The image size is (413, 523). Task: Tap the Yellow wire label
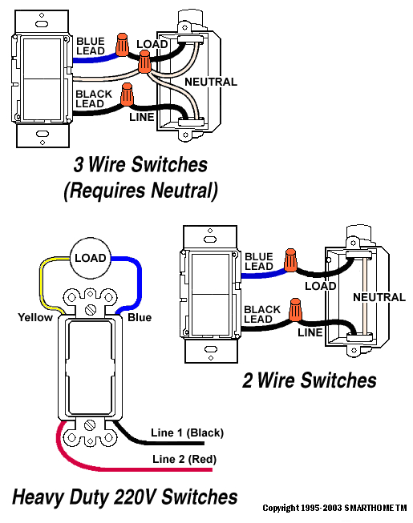coord(35,317)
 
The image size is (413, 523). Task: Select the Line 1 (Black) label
coord(187,432)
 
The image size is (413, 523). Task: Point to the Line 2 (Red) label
coord(184,459)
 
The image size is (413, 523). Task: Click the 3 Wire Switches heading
coord(140,164)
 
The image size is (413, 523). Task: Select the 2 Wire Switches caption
coord(310,380)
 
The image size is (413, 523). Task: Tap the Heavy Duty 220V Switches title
coord(124,497)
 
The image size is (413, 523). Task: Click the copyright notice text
coord(334,508)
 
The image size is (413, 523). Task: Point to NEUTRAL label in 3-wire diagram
coord(211,82)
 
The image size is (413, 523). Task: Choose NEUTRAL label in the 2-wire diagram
coord(379,297)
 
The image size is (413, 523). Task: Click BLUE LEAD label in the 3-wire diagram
coord(91,46)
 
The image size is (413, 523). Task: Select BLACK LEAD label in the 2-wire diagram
coord(262,314)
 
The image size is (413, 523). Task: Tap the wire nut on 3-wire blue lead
coord(122,44)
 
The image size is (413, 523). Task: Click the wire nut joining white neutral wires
coord(144,62)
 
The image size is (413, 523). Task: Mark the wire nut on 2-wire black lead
coord(295,310)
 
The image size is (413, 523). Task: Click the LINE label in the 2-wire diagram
coord(310,332)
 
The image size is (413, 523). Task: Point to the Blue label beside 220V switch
coord(140,317)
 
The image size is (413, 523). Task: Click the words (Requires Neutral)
coord(140,191)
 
